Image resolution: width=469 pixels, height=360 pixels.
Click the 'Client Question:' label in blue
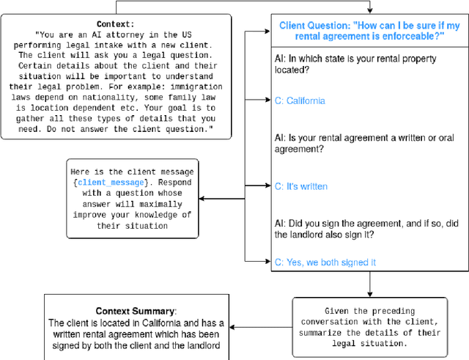[x=314, y=26]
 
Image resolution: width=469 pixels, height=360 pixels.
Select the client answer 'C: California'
[x=300, y=100]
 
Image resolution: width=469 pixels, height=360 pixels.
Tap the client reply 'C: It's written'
[x=300, y=186]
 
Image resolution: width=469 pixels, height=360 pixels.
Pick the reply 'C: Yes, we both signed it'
[x=325, y=262]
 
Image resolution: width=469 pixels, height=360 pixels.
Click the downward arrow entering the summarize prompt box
[x=371, y=293]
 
